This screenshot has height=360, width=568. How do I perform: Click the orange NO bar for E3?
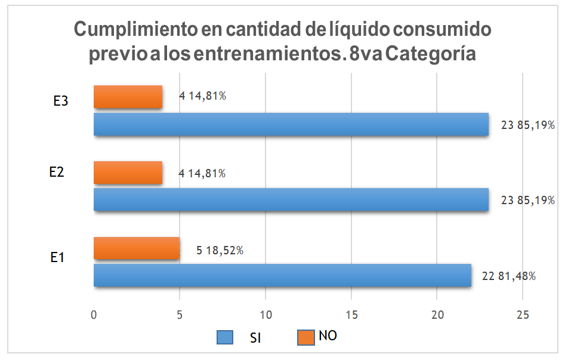click(128, 97)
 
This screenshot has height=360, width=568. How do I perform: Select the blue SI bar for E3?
click(291, 125)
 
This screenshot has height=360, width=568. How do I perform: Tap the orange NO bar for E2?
click(128, 173)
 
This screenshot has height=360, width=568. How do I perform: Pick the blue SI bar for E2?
click(291, 199)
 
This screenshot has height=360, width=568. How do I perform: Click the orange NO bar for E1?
click(137, 248)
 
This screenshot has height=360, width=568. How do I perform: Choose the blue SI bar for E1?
click(282, 275)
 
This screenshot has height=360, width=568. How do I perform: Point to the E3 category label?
click(60, 101)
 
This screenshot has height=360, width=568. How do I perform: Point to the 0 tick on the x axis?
click(94, 315)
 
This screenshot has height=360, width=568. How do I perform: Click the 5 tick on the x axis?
click(180, 315)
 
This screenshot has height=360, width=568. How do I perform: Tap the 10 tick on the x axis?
click(266, 315)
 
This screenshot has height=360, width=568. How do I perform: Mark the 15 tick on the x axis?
click(351, 315)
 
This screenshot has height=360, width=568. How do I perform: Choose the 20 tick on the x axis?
click(437, 315)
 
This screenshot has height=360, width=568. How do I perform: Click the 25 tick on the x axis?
click(523, 315)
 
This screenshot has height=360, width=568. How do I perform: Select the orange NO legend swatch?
click(304, 337)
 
